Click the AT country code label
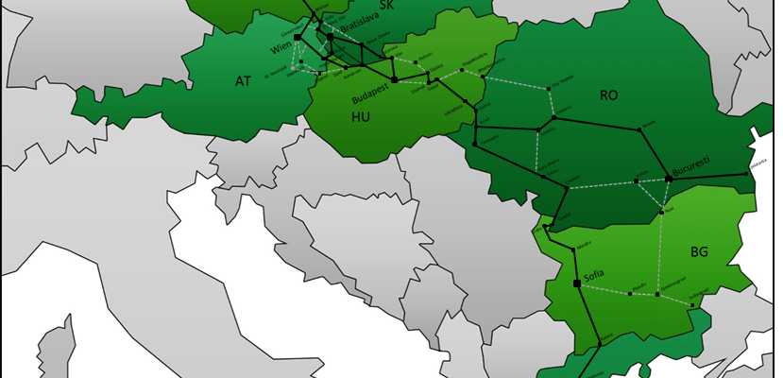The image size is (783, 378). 244,81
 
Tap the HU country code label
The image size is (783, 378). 361,117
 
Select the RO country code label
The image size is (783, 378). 609,94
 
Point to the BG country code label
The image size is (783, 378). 699,252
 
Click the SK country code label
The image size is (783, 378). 385,6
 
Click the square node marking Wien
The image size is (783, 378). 297,38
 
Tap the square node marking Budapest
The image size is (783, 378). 395,80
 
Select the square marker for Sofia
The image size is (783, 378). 577,283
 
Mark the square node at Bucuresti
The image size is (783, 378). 668,178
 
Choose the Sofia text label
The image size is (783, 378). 594,275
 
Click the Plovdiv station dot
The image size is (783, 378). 631,293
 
